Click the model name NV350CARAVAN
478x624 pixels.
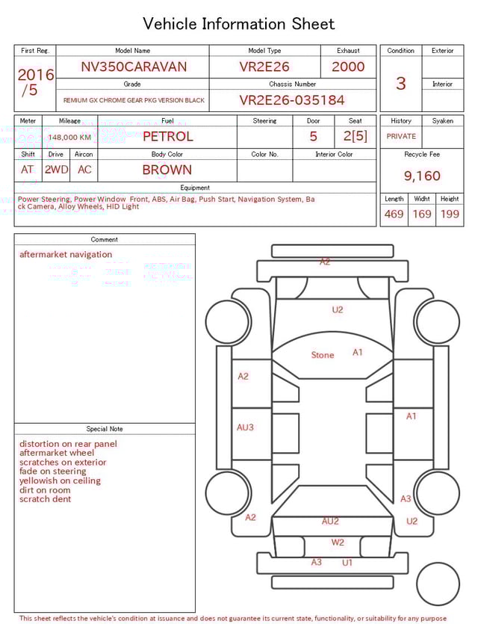[134, 67]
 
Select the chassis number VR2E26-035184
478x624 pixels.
[291, 100]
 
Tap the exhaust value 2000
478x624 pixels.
[348, 67]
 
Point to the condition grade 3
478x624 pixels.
[400, 83]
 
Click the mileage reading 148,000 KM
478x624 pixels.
[69, 138]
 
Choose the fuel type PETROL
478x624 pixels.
[167, 137]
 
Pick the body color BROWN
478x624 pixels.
[167, 170]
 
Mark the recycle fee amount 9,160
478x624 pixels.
[422, 176]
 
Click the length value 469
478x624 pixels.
[394, 214]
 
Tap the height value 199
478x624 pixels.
[450, 214]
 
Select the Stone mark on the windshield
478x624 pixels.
[323, 355]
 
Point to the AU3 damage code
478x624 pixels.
[245, 427]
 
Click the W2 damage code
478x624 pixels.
[338, 543]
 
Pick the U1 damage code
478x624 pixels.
[347, 563]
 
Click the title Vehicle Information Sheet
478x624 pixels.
[239, 24]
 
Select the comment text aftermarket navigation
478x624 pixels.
[66, 255]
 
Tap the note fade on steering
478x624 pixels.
[53, 472]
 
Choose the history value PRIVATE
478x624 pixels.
[401, 137]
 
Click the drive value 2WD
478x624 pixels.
[56, 170]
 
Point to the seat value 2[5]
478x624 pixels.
[356, 137]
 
